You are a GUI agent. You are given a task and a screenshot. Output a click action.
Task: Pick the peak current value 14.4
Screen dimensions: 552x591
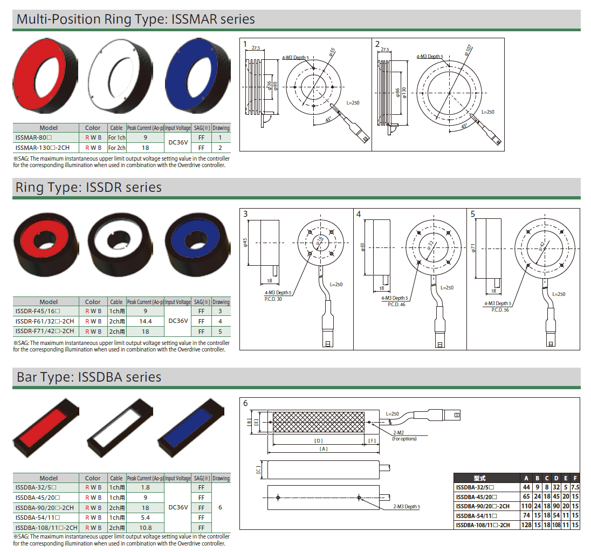[145, 321]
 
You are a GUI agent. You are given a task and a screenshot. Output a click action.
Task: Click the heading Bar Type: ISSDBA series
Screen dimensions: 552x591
[89, 377]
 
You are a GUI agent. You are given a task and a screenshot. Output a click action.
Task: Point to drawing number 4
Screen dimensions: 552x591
[359, 214]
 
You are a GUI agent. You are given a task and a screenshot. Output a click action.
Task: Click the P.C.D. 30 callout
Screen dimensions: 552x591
[273, 299]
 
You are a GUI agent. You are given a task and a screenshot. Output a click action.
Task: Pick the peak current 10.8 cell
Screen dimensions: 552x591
[145, 528]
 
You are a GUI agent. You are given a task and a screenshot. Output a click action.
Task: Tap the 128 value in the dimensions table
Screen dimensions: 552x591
[526, 525]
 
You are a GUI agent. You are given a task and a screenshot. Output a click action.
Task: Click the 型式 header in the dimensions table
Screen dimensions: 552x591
[479, 478]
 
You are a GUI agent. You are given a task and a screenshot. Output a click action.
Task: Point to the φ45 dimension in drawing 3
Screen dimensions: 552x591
[245, 242]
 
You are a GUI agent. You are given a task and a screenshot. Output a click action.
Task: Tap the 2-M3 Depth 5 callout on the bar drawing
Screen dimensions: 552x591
[406, 506]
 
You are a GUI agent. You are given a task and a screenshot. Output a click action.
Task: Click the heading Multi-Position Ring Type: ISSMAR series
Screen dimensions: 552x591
[136, 19]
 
